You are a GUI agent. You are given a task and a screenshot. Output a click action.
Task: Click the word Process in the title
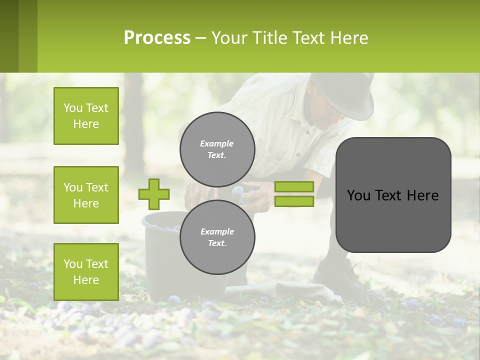[157, 37]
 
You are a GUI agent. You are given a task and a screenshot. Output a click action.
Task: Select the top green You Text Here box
[86, 116]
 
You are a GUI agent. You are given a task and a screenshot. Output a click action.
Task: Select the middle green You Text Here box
[86, 195]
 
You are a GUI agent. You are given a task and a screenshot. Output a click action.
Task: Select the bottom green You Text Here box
[86, 271]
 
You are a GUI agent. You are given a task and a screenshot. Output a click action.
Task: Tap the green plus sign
[153, 194]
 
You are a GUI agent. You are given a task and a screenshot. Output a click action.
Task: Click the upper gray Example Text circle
[217, 149]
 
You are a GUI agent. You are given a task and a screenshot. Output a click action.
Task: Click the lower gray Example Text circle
[217, 237]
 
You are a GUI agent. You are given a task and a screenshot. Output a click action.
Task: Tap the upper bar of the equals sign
[294, 186]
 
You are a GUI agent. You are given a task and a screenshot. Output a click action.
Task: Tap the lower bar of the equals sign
[294, 201]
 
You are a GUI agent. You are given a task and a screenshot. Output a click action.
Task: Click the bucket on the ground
[160, 250]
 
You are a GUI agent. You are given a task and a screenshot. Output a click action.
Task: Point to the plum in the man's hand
[237, 191]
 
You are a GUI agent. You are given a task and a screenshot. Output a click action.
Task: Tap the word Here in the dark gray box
[422, 195]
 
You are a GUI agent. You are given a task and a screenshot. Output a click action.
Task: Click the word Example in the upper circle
[217, 143]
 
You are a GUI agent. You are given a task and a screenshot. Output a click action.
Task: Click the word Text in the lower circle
[217, 243]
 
